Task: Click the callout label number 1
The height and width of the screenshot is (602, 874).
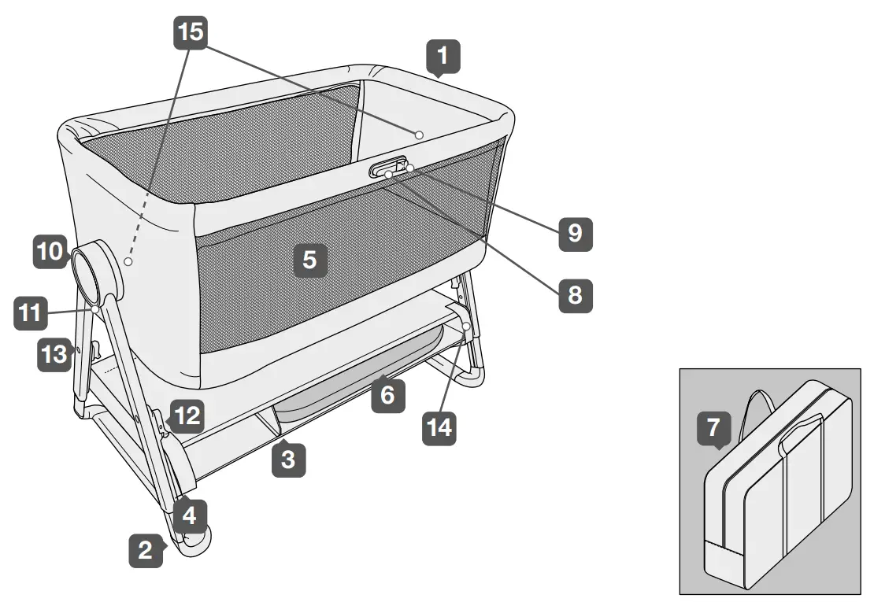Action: coord(443,57)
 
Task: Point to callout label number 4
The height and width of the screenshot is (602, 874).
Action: coord(190,515)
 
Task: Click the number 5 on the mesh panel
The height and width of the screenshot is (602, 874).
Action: coord(310,260)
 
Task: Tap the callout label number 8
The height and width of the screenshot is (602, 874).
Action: coord(575,295)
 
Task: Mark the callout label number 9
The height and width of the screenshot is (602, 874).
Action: coord(575,233)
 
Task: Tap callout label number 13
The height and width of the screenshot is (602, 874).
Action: coord(54,355)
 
